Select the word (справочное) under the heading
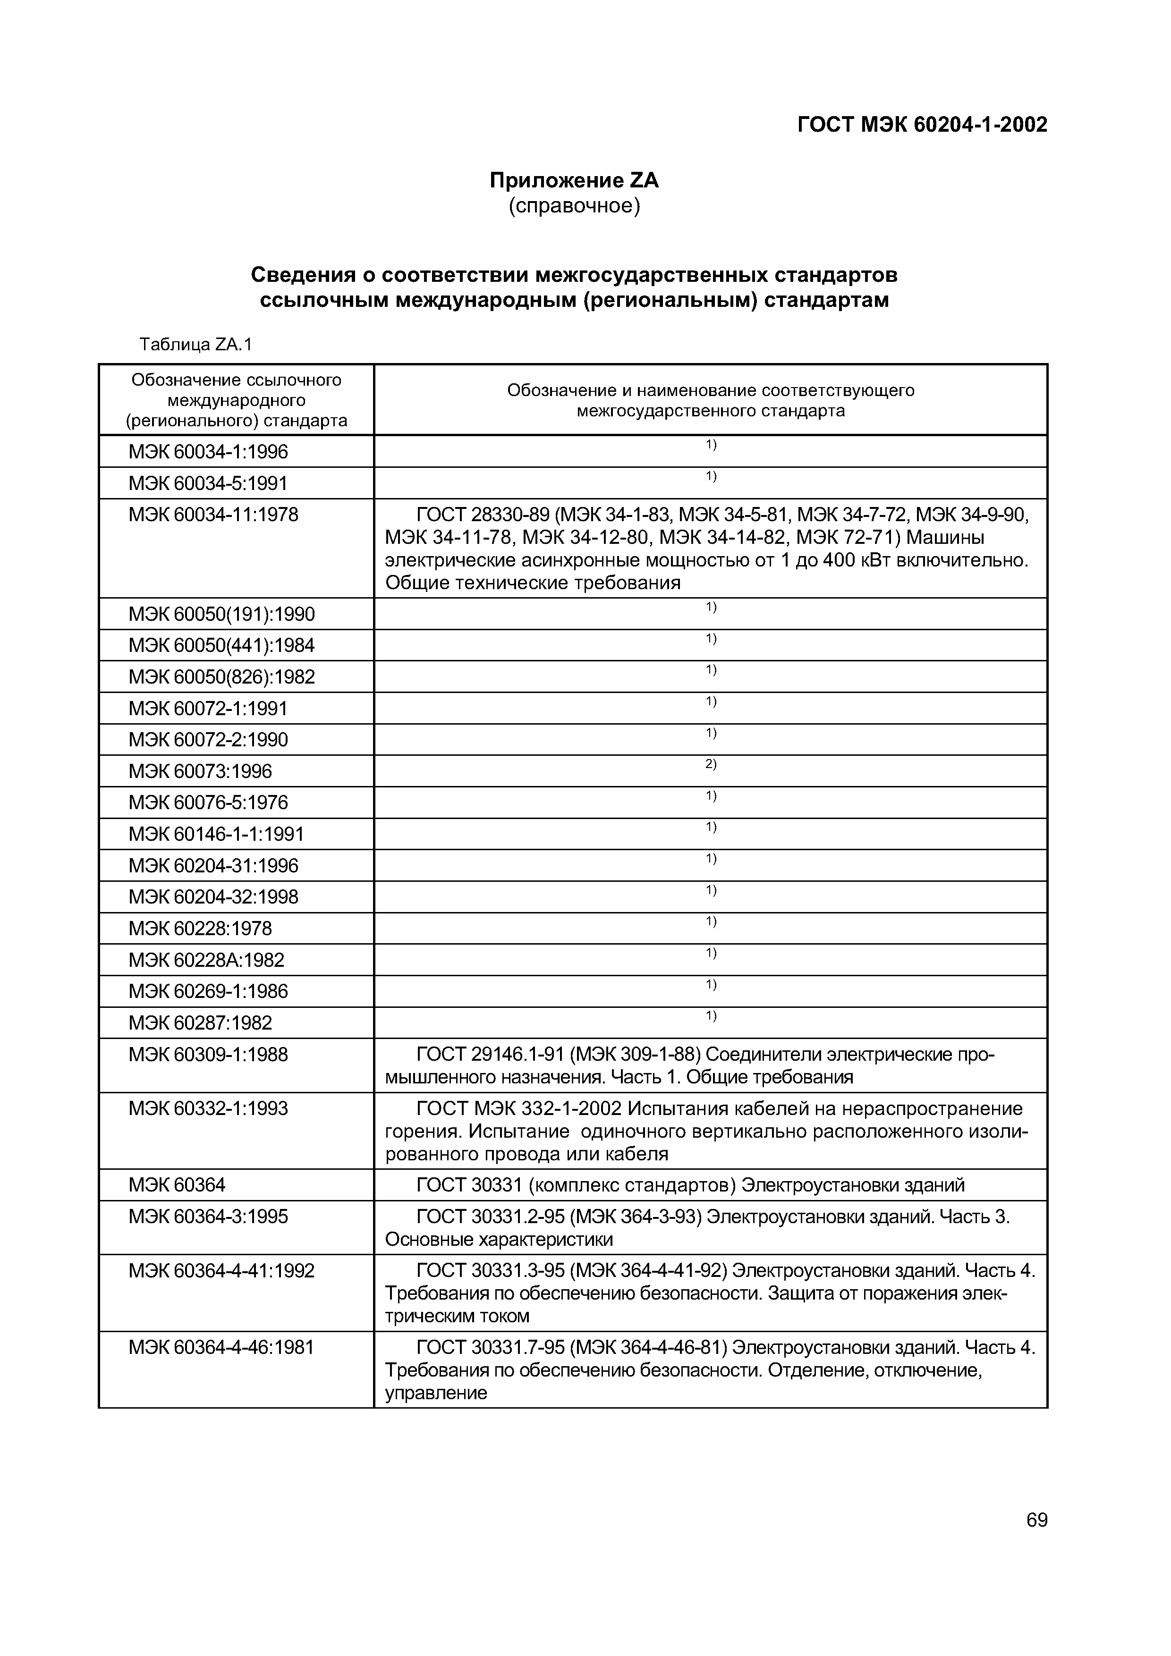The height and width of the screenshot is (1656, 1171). coord(574,206)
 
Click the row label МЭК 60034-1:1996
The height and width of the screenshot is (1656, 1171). coord(208,452)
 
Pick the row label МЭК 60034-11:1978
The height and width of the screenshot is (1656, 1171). coord(213,515)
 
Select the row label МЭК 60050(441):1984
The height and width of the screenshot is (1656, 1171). coord(221,645)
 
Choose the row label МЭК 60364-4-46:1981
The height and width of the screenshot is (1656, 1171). coord(221,1347)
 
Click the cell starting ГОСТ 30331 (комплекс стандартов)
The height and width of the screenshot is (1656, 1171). coord(690,1185)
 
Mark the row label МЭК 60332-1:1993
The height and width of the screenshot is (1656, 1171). coord(208,1108)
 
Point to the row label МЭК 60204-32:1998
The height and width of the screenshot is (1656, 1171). coord(213,897)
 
